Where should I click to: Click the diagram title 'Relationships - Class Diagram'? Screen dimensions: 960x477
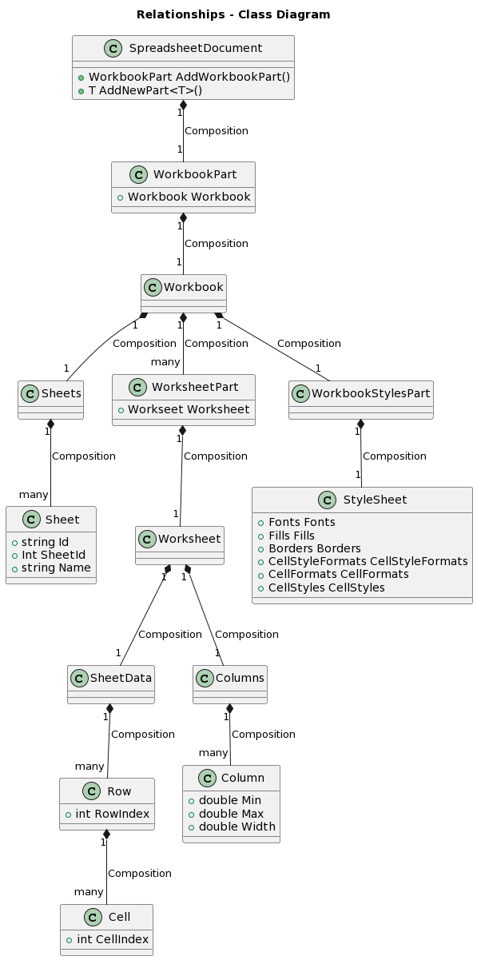233,14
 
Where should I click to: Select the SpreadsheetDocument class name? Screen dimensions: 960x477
195,48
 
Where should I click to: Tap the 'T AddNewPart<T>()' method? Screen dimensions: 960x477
145,90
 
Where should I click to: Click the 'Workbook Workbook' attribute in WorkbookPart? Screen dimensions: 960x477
189,197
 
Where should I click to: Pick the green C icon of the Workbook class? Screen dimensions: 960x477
153,287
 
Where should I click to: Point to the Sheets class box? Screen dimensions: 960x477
50,400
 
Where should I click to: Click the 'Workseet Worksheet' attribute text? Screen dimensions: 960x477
189,409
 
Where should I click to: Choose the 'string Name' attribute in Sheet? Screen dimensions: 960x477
56,568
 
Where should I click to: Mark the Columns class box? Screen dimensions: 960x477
230,684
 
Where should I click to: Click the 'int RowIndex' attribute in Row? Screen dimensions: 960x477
112,814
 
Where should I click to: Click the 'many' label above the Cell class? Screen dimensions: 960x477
89,891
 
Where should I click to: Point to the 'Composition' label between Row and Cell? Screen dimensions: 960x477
139,874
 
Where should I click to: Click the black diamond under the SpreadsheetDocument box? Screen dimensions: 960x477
183,105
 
